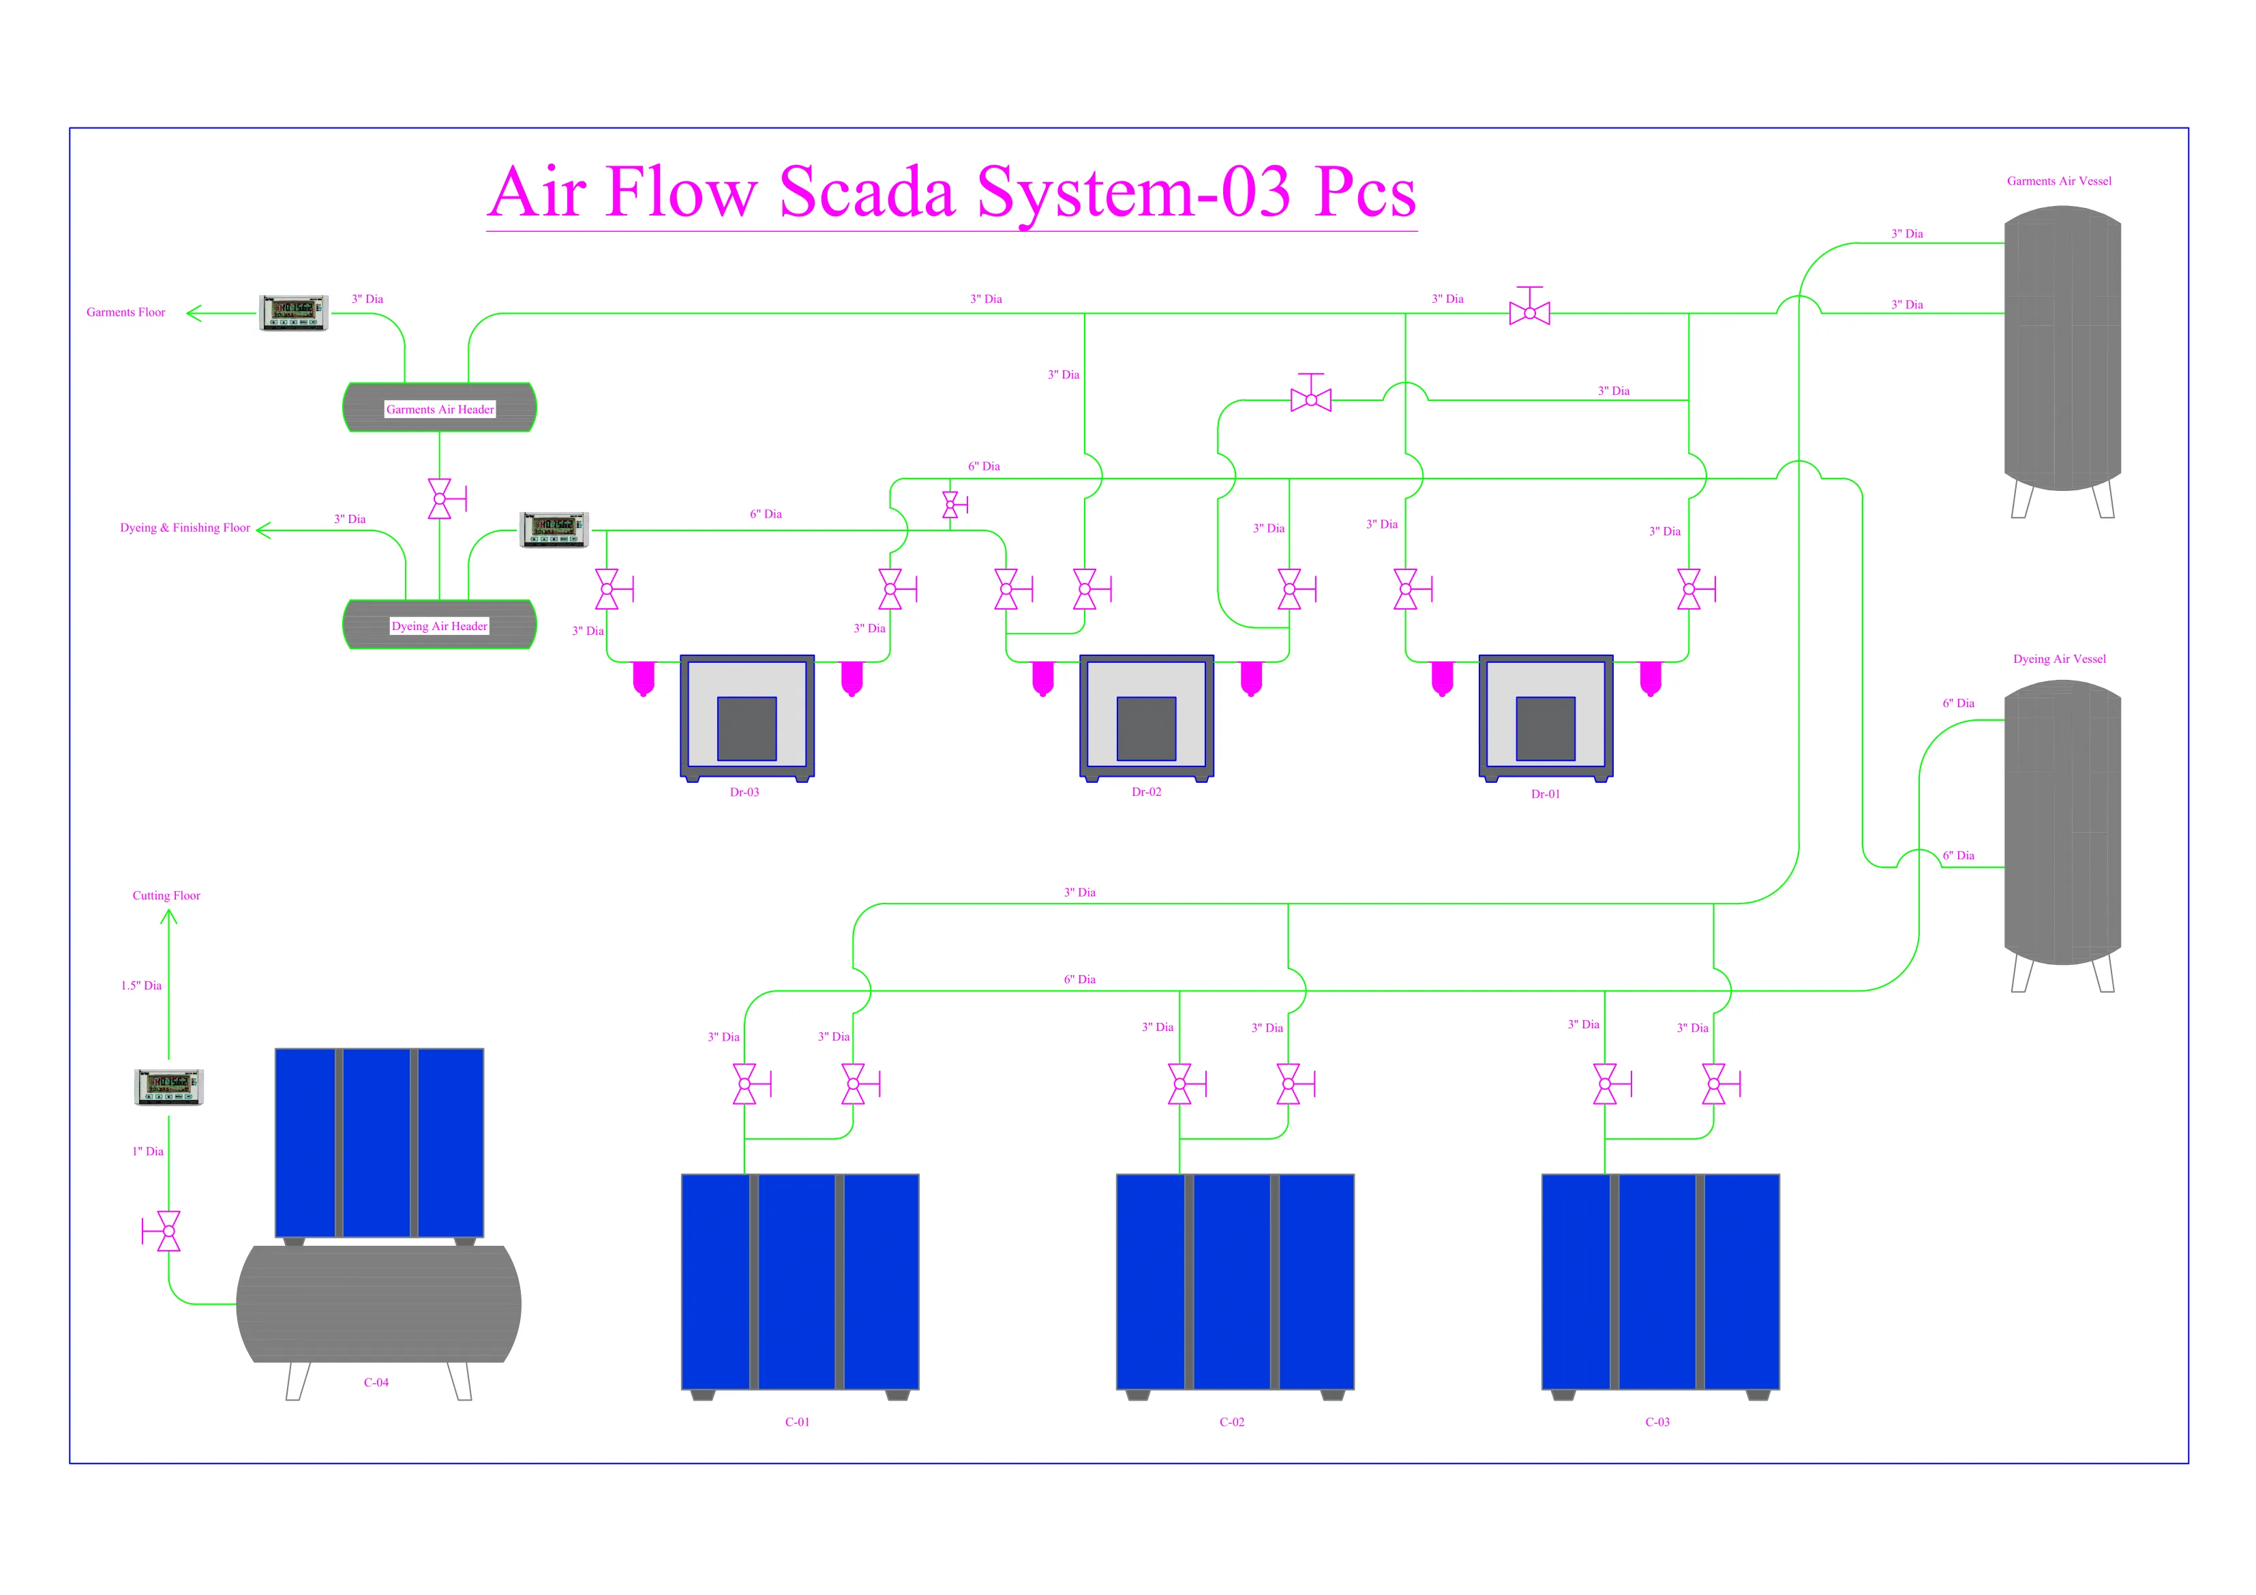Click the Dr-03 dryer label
pos(744,792)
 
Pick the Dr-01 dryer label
pos(1545,794)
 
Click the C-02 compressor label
pos(1231,1422)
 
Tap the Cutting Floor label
pos(166,895)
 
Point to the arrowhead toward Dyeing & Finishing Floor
pos(263,531)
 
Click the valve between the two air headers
pos(440,499)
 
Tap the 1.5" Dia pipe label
pos(142,985)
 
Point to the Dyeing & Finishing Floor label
pos(185,528)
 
